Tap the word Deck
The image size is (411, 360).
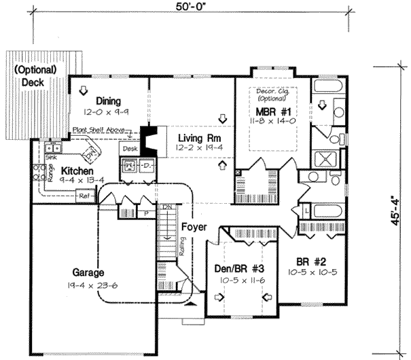point(32,82)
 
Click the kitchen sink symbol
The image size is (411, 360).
point(52,147)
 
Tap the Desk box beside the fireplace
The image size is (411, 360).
point(129,147)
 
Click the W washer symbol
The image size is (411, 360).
point(128,165)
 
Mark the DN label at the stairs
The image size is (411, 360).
point(166,206)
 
